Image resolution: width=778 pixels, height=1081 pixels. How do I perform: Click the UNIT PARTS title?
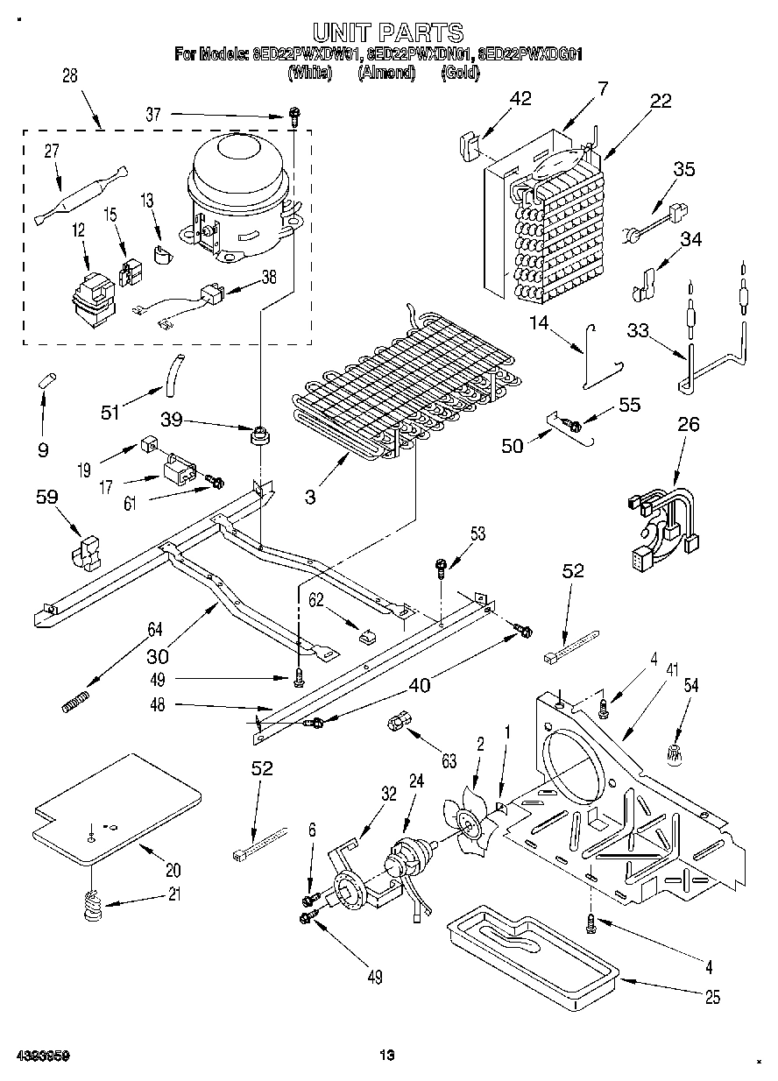(x=388, y=33)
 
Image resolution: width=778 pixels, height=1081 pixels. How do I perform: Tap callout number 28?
(x=69, y=76)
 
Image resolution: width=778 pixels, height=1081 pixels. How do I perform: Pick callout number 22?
(x=660, y=101)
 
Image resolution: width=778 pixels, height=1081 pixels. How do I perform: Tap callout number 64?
(x=155, y=629)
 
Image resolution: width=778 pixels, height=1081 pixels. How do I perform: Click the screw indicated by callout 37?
(x=294, y=115)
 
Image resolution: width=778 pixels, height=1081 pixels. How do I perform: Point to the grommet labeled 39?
(x=259, y=434)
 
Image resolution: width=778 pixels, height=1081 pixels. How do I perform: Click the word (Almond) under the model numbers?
(x=385, y=74)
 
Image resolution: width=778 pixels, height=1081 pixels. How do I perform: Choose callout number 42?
(x=520, y=99)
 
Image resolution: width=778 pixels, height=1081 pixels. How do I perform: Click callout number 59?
(x=46, y=498)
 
